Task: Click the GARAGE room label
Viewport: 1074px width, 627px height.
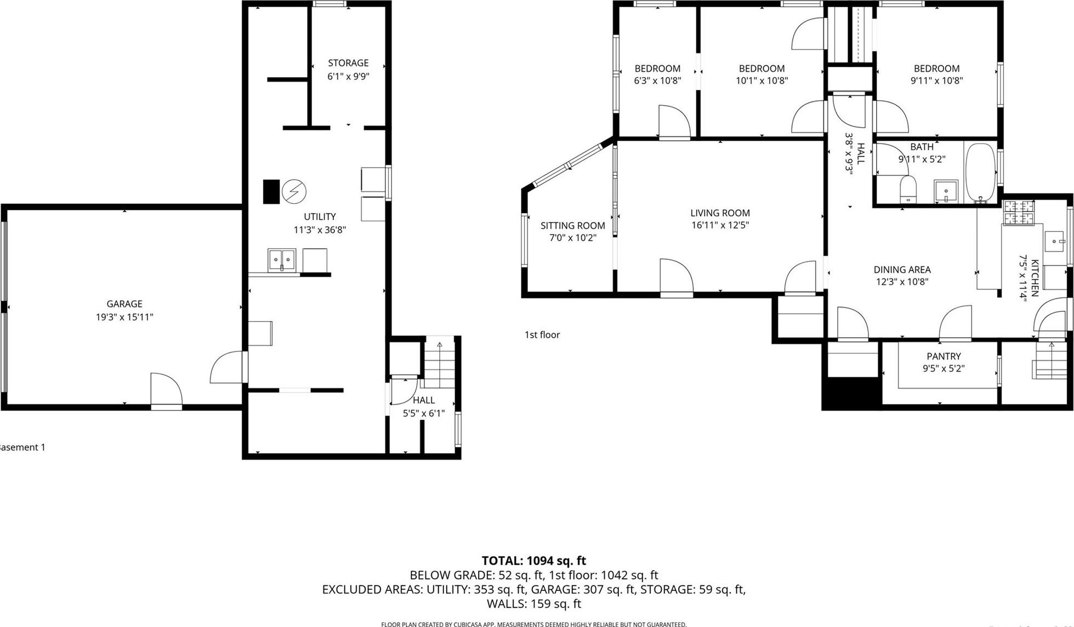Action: point(124,304)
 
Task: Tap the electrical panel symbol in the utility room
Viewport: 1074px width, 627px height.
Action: point(294,192)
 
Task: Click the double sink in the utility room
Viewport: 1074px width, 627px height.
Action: point(282,259)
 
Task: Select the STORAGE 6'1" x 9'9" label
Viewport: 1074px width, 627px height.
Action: point(348,70)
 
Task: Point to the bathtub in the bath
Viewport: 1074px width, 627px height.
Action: point(980,172)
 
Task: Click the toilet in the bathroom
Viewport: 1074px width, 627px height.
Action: point(908,189)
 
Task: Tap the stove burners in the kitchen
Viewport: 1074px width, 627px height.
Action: point(1018,212)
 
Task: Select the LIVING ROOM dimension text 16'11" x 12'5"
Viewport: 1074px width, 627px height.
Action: point(720,225)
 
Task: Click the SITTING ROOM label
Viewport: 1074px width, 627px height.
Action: point(572,225)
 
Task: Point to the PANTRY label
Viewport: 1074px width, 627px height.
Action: point(944,356)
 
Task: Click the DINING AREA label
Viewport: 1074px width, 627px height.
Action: point(902,270)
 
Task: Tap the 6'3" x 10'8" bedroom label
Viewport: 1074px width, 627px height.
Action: point(657,75)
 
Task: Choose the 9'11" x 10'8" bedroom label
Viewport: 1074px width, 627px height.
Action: point(936,75)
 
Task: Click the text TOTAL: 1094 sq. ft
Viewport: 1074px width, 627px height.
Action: point(533,561)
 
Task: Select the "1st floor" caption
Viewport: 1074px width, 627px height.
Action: point(542,335)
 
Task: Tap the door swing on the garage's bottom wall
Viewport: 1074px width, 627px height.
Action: point(166,390)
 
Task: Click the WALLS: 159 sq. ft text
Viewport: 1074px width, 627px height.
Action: point(533,604)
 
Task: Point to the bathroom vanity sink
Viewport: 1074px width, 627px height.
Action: point(946,191)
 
